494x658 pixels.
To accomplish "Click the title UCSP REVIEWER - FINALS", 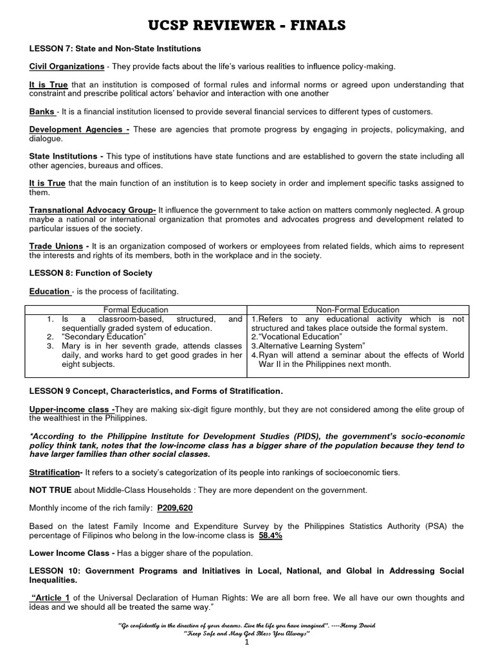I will tap(247, 25).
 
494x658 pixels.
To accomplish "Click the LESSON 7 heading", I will tap(115, 49).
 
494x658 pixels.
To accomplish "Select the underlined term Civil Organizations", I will tap(67, 67).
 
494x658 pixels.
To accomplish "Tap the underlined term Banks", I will tap(42, 112).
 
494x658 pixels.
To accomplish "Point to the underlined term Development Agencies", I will tap(78, 130).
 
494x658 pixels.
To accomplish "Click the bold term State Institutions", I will tap(66, 156).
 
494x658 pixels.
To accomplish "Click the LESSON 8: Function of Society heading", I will tap(91, 273).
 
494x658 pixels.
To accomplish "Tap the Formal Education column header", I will tap(136, 310).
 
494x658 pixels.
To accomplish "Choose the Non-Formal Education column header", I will tap(358, 310).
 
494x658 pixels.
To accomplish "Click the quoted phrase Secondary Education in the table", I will tap(98, 337).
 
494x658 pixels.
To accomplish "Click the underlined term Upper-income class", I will tap(72, 409).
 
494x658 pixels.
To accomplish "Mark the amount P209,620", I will tap(175, 508).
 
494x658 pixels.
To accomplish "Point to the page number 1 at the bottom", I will tap(247, 645).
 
